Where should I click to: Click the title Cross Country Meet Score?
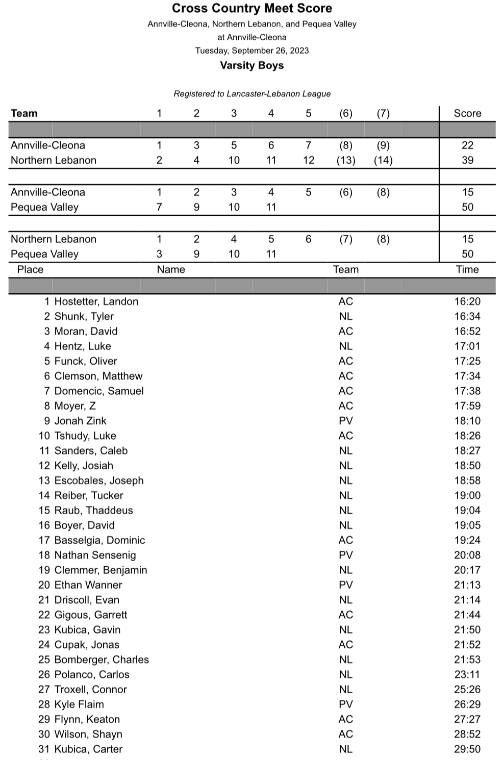coord(251,8)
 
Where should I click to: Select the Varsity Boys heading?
coord(251,65)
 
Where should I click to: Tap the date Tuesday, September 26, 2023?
coord(251,50)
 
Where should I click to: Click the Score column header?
coord(467,113)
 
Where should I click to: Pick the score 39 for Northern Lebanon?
coord(467,160)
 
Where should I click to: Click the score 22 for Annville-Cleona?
coord(467,145)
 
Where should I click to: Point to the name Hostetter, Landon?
coord(96,301)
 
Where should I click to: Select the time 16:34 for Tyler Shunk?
coord(467,316)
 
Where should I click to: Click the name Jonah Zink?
coord(80,421)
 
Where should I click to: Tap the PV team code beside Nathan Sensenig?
coord(345,555)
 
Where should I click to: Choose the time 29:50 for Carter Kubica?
coord(467,749)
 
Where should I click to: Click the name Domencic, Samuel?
coord(99,391)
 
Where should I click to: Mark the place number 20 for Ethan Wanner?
coord(44,585)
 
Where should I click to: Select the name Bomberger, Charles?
coord(102,660)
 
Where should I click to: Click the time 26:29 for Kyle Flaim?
coord(467,704)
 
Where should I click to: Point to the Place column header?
coord(30,269)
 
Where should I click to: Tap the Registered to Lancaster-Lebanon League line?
coord(251,94)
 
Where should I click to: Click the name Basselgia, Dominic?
coord(99,540)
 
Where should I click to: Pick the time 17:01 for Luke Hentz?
coord(467,346)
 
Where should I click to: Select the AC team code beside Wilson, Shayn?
coord(345,734)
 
